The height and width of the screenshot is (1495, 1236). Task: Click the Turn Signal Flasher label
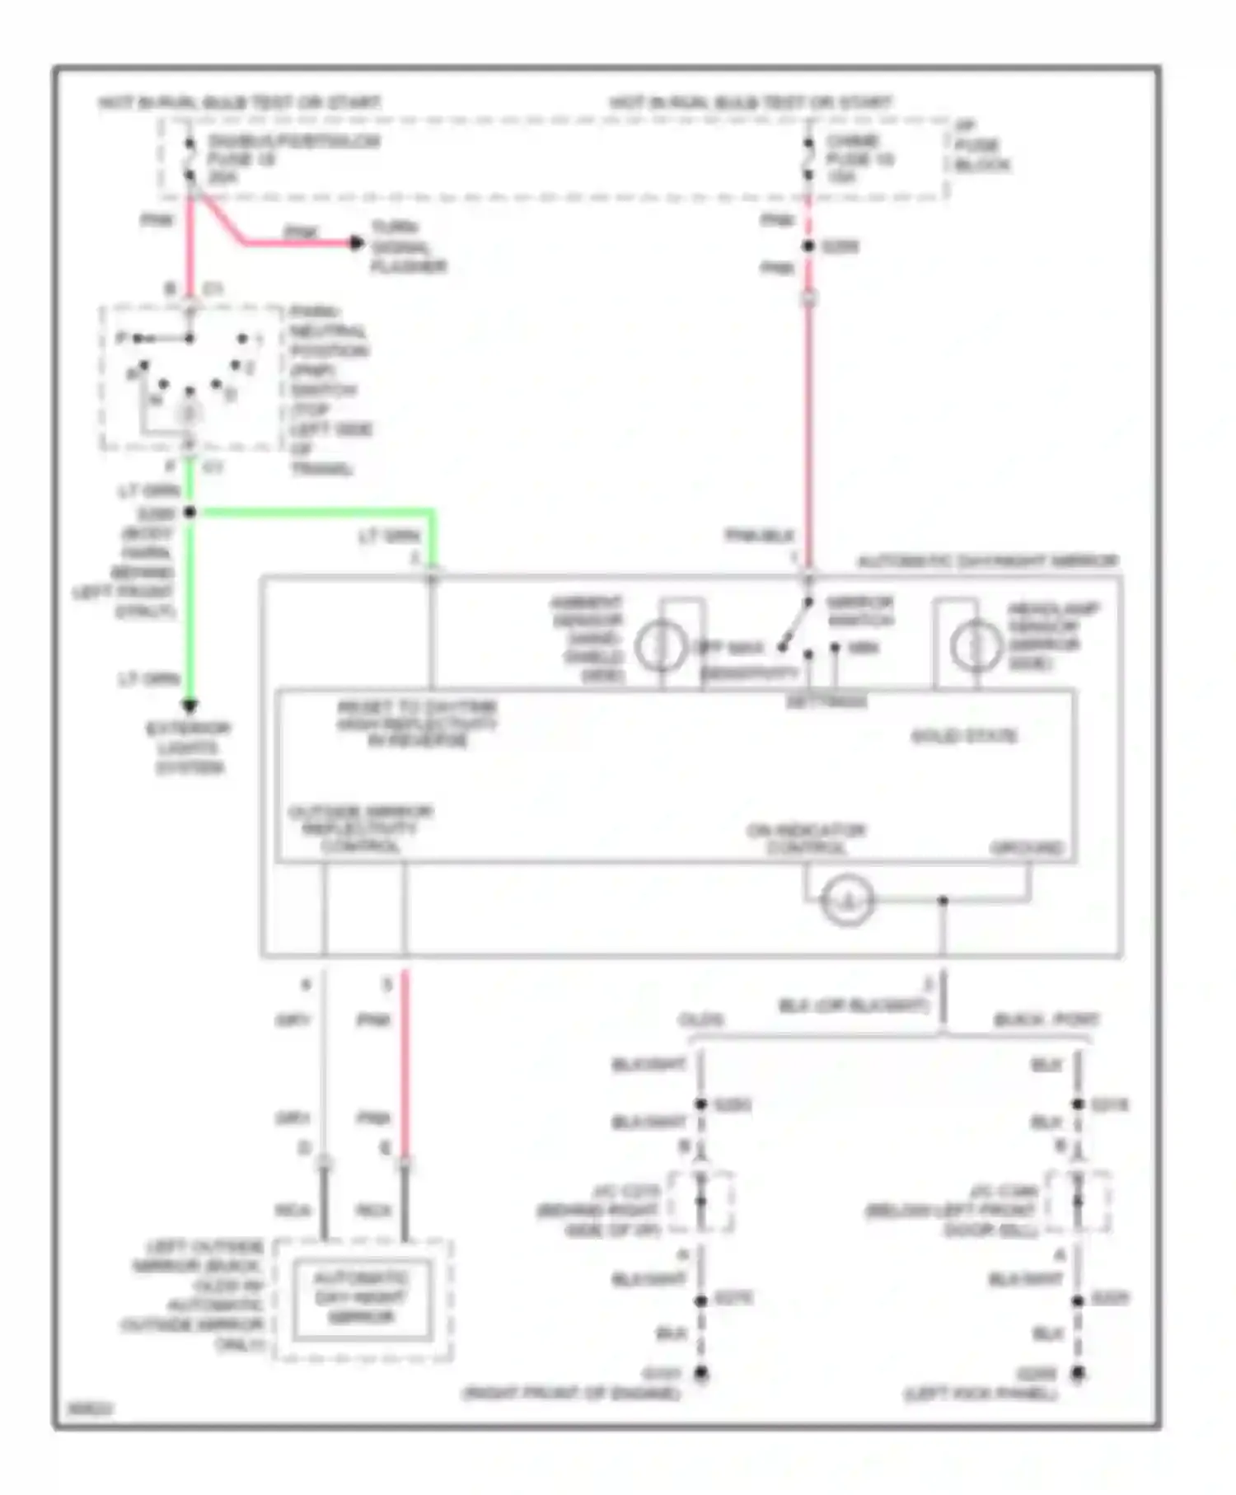pos(408,246)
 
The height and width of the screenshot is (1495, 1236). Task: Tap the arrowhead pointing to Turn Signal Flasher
pos(356,242)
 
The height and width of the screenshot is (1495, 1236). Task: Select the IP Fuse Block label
pos(981,146)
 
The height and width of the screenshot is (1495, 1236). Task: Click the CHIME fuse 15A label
pos(859,159)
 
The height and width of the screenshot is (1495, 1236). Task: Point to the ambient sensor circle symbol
pos(660,646)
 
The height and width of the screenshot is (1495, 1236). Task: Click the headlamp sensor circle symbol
pos(976,646)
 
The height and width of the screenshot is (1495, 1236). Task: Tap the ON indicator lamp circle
pos(847,901)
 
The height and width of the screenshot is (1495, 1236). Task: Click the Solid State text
pos(964,735)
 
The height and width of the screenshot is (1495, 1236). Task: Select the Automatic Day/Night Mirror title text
pos(987,561)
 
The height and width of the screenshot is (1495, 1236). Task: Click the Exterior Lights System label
pos(189,748)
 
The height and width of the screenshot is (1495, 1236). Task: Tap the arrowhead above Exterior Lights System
pos(190,705)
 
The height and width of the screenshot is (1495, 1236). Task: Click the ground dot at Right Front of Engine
pos(701,1373)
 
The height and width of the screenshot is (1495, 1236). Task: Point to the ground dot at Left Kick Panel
pos(1077,1373)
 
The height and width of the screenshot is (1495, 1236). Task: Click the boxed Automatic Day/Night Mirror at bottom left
pos(362,1297)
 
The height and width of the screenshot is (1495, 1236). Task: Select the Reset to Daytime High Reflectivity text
pos(417,724)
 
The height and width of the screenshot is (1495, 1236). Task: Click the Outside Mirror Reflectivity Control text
pos(360,828)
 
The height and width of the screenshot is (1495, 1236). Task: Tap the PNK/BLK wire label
pos(759,536)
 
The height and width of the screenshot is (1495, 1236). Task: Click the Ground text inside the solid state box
pos(1026,848)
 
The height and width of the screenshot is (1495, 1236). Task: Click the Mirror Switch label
pos(859,611)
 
